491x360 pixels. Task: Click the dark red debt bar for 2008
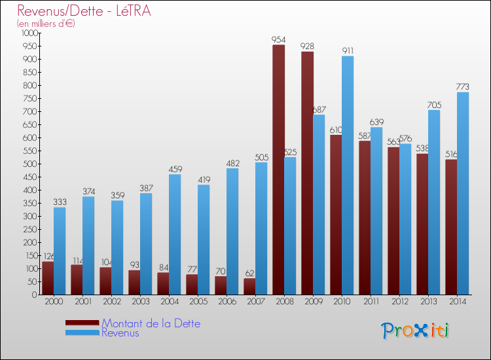point(278,170)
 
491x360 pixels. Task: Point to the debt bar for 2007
point(249,287)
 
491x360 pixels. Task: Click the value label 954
point(279,40)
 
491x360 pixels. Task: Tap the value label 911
point(348,51)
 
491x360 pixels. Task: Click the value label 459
point(175,170)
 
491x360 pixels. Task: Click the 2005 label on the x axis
point(198,302)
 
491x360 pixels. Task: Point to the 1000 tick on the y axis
point(29,33)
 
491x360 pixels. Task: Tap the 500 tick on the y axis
point(31,164)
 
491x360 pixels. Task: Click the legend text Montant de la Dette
point(151,323)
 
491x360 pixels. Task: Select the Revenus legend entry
point(120,333)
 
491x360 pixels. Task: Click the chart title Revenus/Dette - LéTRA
point(79,11)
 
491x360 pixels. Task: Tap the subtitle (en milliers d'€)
point(46,24)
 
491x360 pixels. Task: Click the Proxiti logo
point(415,331)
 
